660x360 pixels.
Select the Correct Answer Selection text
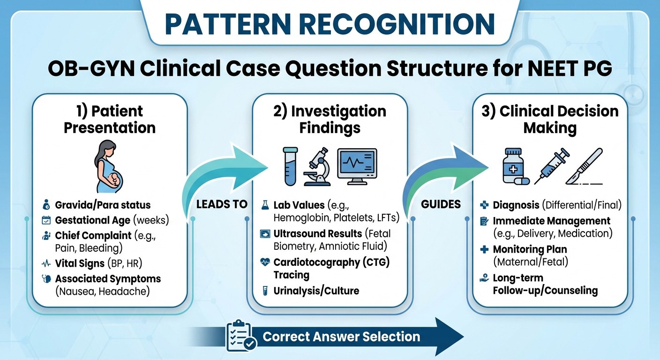coord(341,336)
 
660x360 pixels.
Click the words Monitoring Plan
coord(530,249)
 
